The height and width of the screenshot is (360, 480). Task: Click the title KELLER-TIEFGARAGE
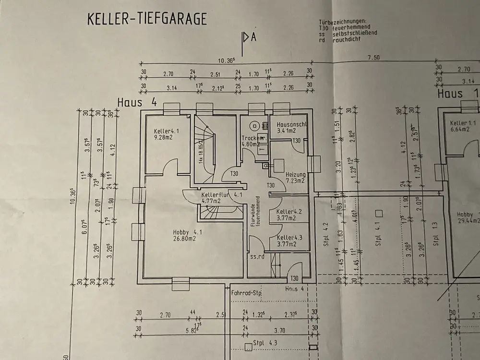[x=147, y=19]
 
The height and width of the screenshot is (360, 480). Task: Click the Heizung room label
[x=296, y=174]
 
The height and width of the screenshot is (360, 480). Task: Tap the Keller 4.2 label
[x=289, y=212]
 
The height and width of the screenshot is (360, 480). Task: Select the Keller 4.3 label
[x=289, y=238]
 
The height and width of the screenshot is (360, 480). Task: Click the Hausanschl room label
[x=292, y=124]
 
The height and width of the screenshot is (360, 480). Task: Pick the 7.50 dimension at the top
[x=373, y=58]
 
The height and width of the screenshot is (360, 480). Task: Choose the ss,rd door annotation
[x=258, y=257]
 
